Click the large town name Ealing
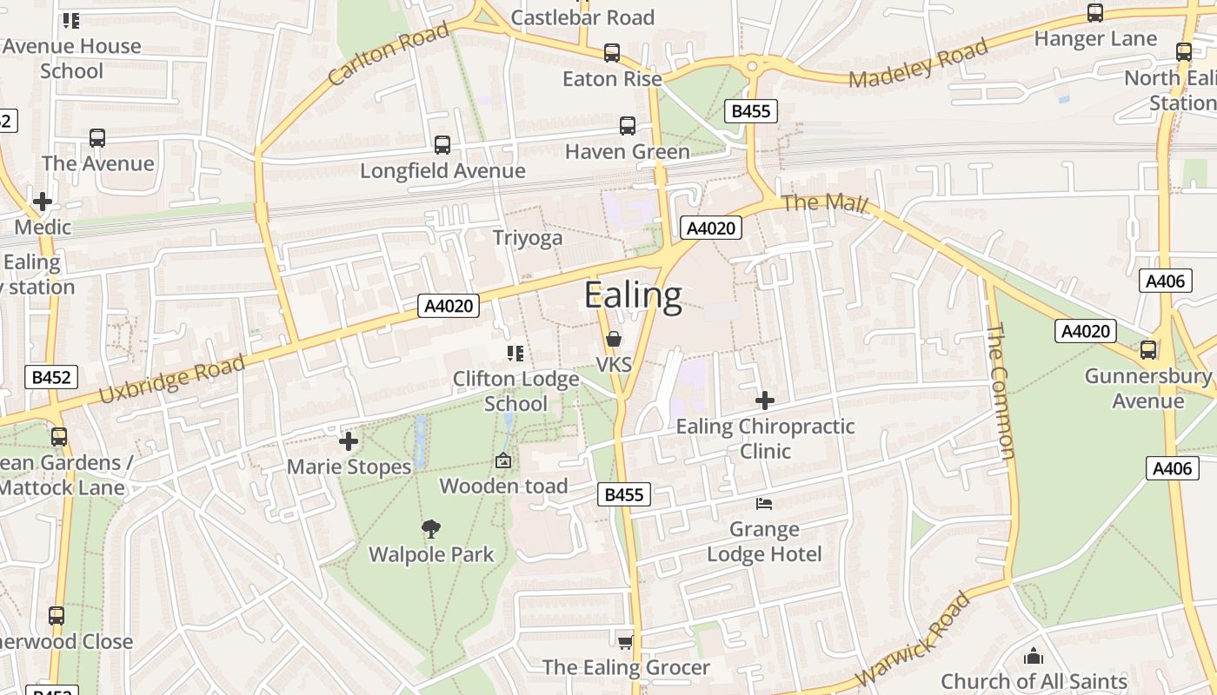coord(633,295)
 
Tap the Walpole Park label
coord(431,554)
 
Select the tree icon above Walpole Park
coord(431,529)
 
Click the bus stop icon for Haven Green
coord(628,126)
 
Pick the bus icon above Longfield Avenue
coord(442,145)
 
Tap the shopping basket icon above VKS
coord(614,339)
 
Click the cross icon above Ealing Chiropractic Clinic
coord(765,400)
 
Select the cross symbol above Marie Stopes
coord(349,441)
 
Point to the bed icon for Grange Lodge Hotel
coord(764,504)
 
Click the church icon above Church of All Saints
coord(1034,656)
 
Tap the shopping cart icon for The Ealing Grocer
coord(625,642)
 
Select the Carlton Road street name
coord(389,54)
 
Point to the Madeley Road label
coord(919,63)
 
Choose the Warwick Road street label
coord(912,639)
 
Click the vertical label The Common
coord(1001,390)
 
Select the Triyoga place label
coord(528,238)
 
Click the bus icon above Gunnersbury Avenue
coord(1148,350)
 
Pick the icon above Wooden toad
coord(503,461)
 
